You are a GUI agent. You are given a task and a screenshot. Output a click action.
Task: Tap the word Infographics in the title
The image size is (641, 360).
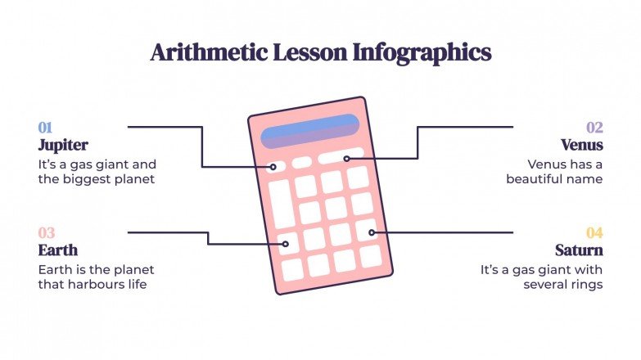coord(422,53)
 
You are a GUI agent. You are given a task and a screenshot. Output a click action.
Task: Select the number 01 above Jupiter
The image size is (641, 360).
coord(45,127)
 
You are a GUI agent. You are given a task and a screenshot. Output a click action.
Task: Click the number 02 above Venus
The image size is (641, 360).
coord(594,127)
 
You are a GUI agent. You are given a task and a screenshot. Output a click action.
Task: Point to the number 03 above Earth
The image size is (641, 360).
coord(46,233)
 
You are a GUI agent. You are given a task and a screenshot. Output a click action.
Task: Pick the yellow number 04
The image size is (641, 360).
coord(594,233)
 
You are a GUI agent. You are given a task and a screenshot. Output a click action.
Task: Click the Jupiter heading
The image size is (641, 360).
coord(63,145)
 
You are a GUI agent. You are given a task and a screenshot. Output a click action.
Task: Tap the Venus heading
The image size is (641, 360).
coord(582,145)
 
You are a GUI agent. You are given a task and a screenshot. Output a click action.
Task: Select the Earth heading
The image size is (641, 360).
coord(58,250)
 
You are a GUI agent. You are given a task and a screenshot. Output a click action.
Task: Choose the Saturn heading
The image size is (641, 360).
coord(579,250)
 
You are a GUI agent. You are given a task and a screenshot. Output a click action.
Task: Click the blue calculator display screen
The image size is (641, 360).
coord(309,131)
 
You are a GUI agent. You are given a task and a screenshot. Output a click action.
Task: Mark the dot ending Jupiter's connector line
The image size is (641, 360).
coord(273,167)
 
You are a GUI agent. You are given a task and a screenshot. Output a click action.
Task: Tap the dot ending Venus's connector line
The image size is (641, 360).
coord(347,158)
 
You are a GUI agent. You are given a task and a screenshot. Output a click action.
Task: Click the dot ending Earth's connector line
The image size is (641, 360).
coord(287,243)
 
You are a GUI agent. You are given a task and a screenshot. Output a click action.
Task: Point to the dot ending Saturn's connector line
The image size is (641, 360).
coord(371,232)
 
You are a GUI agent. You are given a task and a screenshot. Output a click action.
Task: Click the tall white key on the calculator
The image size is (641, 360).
coord(281,204)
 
